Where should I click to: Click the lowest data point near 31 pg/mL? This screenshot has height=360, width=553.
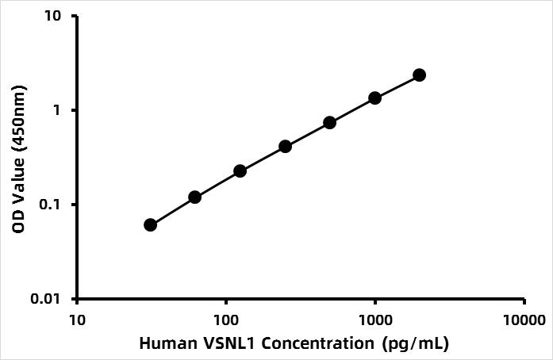[x=151, y=225]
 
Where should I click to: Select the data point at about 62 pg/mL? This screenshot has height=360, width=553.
[x=195, y=197]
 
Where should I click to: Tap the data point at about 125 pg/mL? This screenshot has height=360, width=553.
[x=240, y=170]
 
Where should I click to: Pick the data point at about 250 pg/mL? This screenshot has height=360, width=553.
[x=286, y=147]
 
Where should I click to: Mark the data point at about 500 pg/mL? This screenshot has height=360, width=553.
[x=330, y=122]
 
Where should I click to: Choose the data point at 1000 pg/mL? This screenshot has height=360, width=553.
[x=374, y=98]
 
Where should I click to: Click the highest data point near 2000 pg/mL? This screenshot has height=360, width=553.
[x=420, y=75]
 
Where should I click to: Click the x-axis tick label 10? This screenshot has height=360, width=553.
[x=77, y=321]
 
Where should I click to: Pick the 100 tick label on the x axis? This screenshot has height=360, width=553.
[x=226, y=321]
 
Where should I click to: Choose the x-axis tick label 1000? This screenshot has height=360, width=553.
[x=374, y=321]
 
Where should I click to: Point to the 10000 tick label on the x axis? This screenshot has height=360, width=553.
[x=524, y=321]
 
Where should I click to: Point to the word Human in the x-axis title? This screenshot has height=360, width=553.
[x=163, y=344]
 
